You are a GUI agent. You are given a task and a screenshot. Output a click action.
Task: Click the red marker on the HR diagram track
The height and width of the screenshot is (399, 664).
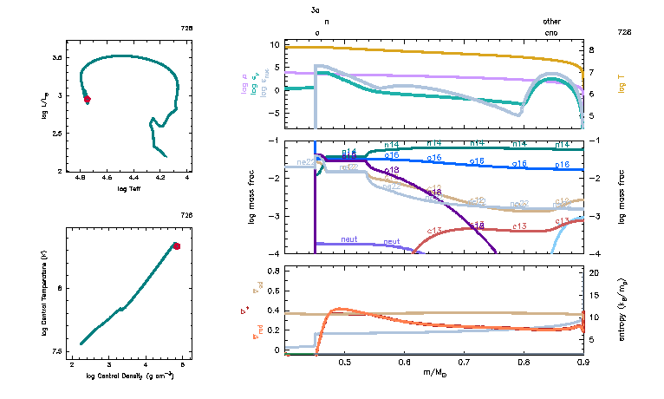pos(87,99)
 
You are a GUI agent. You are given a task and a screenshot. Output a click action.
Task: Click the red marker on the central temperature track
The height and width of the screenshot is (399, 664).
pos(176,246)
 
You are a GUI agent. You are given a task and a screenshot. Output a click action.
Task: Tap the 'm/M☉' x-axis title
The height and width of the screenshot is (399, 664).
pos(434,372)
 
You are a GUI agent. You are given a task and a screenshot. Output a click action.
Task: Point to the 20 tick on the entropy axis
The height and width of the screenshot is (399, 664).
pos(594,273)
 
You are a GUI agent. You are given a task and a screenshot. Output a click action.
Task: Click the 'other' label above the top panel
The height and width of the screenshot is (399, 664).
pos(551,22)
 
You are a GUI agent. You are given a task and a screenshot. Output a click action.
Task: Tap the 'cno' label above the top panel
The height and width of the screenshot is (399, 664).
pos(551,32)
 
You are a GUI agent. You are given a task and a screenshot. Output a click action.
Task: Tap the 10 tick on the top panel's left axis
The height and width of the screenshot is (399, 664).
pos(273,44)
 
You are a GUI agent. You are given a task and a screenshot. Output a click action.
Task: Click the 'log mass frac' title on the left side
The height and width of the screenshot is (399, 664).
pos(254,198)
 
